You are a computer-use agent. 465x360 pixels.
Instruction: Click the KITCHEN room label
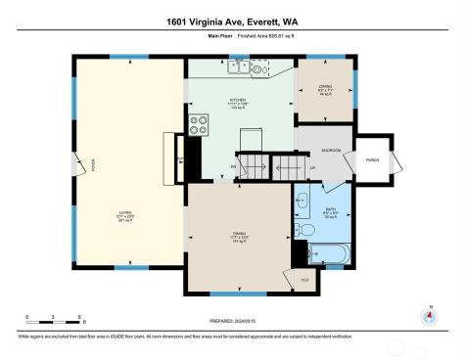pyautogui.click(x=237, y=100)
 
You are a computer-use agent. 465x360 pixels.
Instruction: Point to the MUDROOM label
pyautogui.click(x=331, y=151)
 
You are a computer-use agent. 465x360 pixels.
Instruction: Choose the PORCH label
pyautogui.click(x=373, y=157)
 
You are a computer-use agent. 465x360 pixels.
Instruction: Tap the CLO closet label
pyautogui.click(x=304, y=280)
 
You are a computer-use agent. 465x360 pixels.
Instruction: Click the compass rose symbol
pyautogui.click(x=429, y=316)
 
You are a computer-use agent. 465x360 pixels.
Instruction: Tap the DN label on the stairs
pyautogui.click(x=233, y=168)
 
